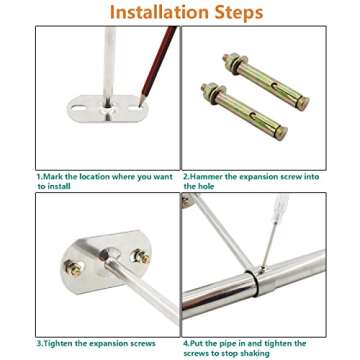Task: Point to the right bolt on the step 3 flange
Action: pos(143,257)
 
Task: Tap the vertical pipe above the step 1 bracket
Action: pos(108,55)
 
